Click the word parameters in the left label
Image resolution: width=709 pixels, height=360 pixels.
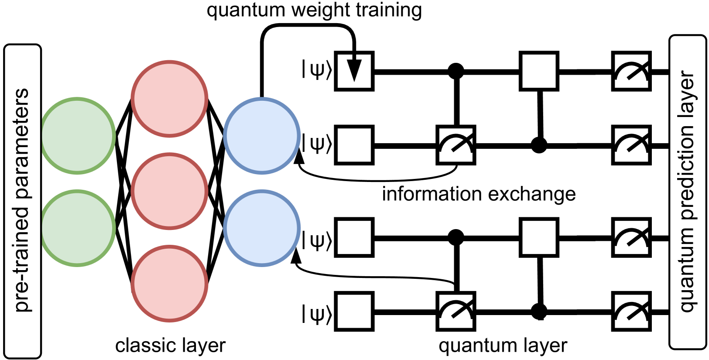click(22, 144)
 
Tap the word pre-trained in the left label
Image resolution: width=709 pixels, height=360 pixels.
click(22, 257)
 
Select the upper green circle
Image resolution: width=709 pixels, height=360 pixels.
click(77, 136)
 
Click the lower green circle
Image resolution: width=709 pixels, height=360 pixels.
click(77, 228)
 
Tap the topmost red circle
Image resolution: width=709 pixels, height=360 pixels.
click(169, 99)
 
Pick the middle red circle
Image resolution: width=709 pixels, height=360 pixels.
click(169, 191)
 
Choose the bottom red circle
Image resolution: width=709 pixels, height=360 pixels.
click(169, 284)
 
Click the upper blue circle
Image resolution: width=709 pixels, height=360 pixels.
click(262, 136)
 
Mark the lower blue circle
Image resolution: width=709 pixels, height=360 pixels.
click(262, 228)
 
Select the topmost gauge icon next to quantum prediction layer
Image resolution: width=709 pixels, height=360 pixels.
click(631, 71)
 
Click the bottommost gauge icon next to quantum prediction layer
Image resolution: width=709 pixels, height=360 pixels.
click(631, 311)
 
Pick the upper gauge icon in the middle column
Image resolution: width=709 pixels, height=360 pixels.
click(456, 145)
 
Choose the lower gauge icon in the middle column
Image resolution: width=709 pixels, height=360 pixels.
click(456, 311)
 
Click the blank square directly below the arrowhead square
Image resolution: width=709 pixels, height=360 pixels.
click(354, 145)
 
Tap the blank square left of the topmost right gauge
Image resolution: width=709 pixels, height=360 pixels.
click(539, 71)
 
